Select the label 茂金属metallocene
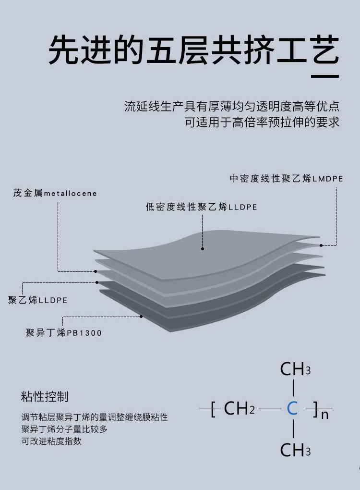[55, 194]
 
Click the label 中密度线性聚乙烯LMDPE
[286, 179]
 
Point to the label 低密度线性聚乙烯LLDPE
[202, 207]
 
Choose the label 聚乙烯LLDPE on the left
[38, 301]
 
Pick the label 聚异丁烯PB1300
[64, 332]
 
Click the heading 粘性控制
[45, 397]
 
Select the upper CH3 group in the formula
[295, 369]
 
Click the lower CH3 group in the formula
[295, 450]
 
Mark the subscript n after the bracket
[325, 414]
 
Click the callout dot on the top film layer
[203, 249]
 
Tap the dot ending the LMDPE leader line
[321, 245]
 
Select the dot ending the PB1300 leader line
[142, 316]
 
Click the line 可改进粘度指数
[52, 441]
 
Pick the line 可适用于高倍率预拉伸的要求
[262, 122]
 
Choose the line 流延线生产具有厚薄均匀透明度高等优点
[232, 106]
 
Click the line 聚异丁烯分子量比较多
[64, 429]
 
